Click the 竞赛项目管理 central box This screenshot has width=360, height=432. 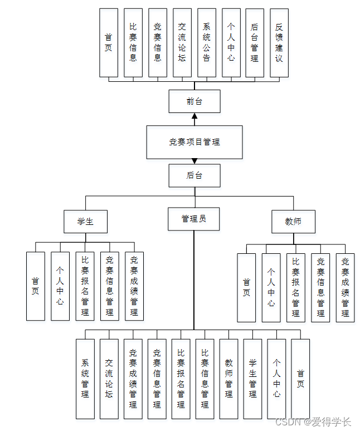pyautogui.click(x=194, y=142)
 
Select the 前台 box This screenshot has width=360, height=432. pyautogui.click(x=194, y=101)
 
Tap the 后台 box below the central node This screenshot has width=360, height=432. pyautogui.click(x=194, y=175)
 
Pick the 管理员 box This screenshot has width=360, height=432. pyautogui.click(x=194, y=219)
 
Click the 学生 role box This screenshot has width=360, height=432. pyautogui.click(x=85, y=221)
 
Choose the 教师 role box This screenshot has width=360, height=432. pyautogui.click(x=293, y=221)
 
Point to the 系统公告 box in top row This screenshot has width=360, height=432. pyautogui.click(x=207, y=42)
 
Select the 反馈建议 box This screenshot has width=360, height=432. pyautogui.click(x=279, y=42)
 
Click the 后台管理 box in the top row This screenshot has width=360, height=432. pyautogui.click(x=255, y=42)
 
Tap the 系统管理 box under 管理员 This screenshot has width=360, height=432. pyautogui.click(x=85, y=379)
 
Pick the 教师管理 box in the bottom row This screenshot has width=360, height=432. pyautogui.click(x=229, y=379)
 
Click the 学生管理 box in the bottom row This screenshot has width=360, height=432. pyautogui.click(x=253, y=379)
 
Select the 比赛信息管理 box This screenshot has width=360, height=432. pyautogui.click(x=205, y=379)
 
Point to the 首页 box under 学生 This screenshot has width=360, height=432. pyautogui.click(x=36, y=286)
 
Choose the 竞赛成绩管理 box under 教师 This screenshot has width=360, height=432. pyautogui.click(x=345, y=288)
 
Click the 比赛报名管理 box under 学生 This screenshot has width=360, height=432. pyautogui.click(x=85, y=286)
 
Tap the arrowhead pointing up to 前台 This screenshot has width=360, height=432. pyautogui.click(x=194, y=116)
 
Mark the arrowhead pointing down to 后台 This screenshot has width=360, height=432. pyautogui.click(x=194, y=161)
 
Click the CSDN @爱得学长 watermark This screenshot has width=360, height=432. pyautogui.click(x=313, y=422)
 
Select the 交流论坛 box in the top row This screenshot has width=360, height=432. pyautogui.click(x=182, y=42)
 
